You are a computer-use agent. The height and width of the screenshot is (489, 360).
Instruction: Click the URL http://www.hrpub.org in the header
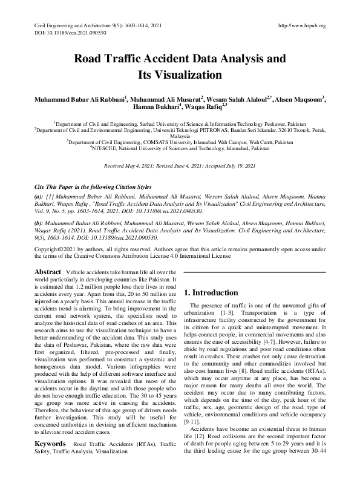[301, 25]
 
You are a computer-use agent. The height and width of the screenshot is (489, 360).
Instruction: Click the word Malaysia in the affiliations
[180, 137]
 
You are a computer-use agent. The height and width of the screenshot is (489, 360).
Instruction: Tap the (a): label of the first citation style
[38, 197]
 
